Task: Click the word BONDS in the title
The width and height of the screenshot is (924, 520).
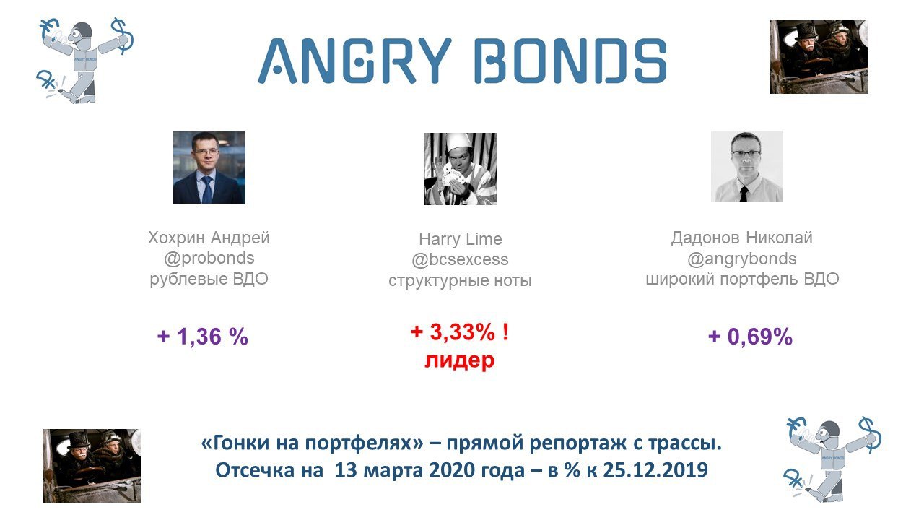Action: point(570,61)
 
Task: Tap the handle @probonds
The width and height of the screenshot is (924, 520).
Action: point(209,258)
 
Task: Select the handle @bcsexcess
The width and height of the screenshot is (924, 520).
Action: point(460,259)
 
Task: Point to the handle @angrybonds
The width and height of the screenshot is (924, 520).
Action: point(741,259)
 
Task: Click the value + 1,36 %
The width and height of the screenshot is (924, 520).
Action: point(203,337)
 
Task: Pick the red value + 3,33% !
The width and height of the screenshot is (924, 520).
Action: point(460,332)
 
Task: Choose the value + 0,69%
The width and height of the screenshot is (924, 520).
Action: point(750,337)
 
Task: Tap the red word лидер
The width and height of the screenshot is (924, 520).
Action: point(460,360)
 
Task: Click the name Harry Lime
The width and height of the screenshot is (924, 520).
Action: point(461,239)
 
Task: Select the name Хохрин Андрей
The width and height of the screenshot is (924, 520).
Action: point(209,238)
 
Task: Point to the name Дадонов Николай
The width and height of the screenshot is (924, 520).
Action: point(741,238)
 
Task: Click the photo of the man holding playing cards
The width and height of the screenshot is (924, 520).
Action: point(461,169)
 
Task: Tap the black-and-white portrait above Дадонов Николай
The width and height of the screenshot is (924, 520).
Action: point(746,166)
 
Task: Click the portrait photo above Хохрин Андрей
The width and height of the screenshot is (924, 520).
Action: point(209,168)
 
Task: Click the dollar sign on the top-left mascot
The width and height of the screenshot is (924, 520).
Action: point(122,36)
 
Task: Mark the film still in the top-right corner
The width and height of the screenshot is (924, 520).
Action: point(819,57)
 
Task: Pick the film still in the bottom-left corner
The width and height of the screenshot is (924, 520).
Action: point(92,466)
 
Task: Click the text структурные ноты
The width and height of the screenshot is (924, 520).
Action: point(460,280)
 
